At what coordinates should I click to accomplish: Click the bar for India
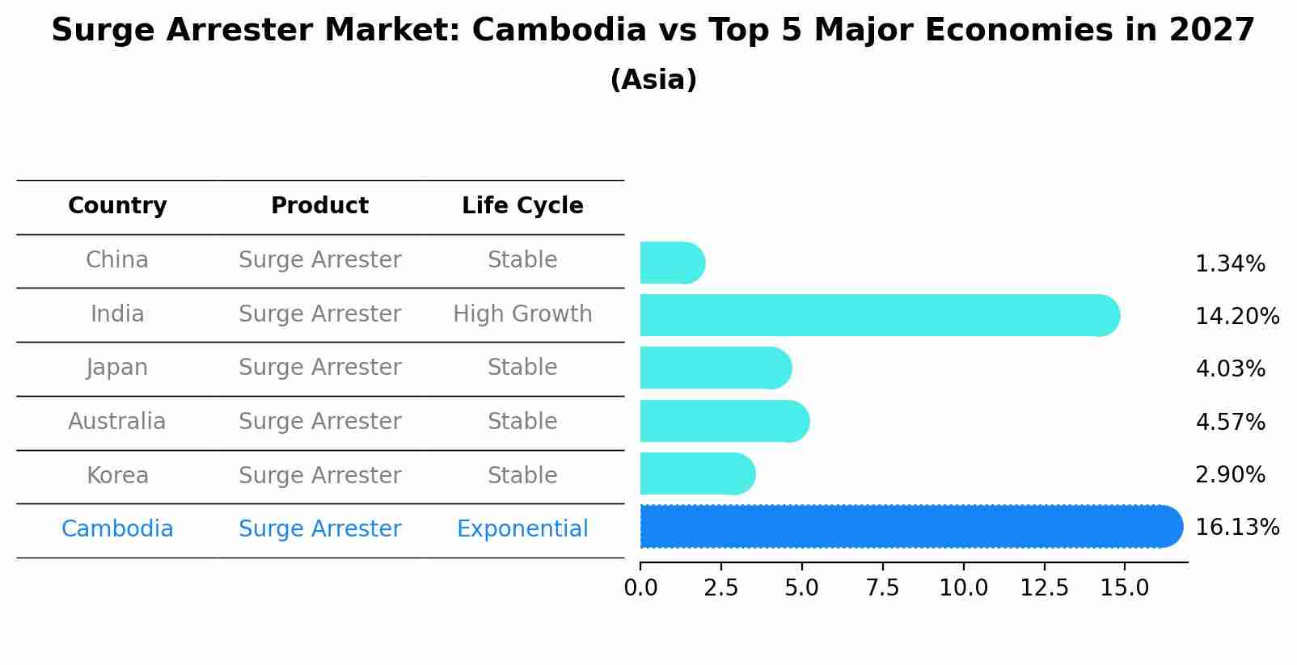point(880,315)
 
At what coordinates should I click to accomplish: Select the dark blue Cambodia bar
point(911,527)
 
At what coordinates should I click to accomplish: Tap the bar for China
point(672,263)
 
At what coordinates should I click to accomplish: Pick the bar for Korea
point(697,473)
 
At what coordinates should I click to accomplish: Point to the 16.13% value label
point(1236,528)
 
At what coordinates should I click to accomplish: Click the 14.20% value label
point(1236,316)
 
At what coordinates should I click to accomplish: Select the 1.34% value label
point(1230,264)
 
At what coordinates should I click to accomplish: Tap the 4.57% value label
point(1230,422)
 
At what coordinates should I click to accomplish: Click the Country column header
point(117,206)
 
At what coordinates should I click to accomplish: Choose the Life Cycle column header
point(522,206)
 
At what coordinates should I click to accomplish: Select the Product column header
point(319,206)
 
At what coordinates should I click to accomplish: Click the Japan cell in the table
point(117,368)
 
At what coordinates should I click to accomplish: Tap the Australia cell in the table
point(117,422)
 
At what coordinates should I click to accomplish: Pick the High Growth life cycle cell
point(522,314)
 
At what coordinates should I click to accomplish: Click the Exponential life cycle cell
point(522,529)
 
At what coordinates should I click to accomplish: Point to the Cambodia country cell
point(117,529)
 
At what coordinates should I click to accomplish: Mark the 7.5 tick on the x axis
point(882,588)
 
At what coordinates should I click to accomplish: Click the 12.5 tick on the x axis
point(1044,588)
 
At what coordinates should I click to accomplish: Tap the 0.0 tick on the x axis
point(640,588)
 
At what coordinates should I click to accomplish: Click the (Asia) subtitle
point(653,80)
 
